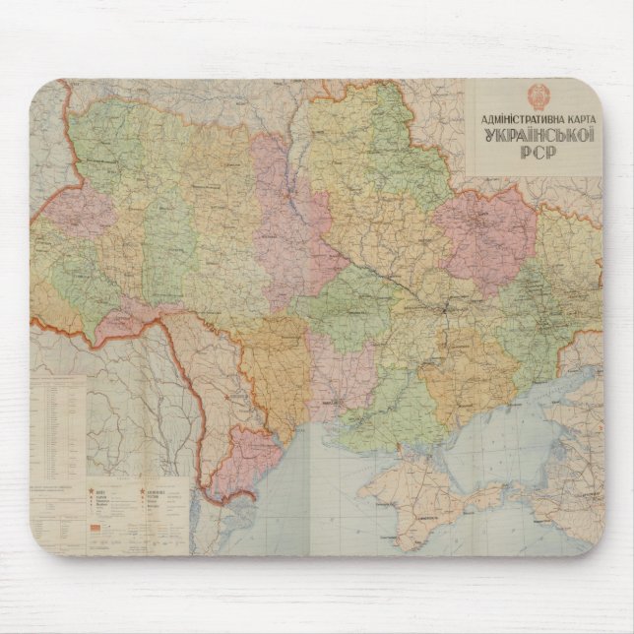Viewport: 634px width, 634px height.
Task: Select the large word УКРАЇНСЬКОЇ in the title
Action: [x=536, y=140]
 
